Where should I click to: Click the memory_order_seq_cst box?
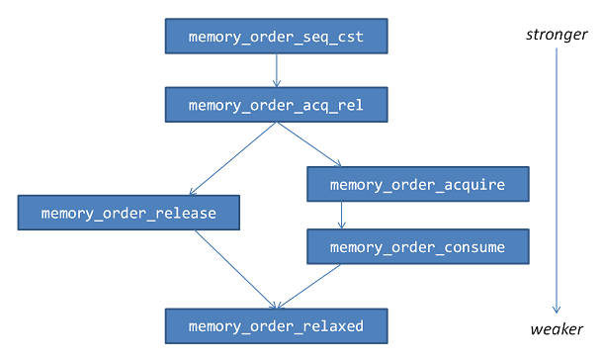[276, 38]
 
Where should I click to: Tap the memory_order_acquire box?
[418, 184]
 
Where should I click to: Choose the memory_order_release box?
[129, 213]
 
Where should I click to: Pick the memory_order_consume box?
[418, 246]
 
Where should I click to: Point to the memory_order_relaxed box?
[276, 325]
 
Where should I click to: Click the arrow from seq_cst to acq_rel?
[276, 69]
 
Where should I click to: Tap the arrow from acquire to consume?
[342, 215]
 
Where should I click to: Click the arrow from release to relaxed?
[234, 268]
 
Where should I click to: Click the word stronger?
[556, 37]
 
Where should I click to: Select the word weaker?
[557, 328]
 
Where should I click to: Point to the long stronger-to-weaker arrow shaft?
[557, 178]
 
